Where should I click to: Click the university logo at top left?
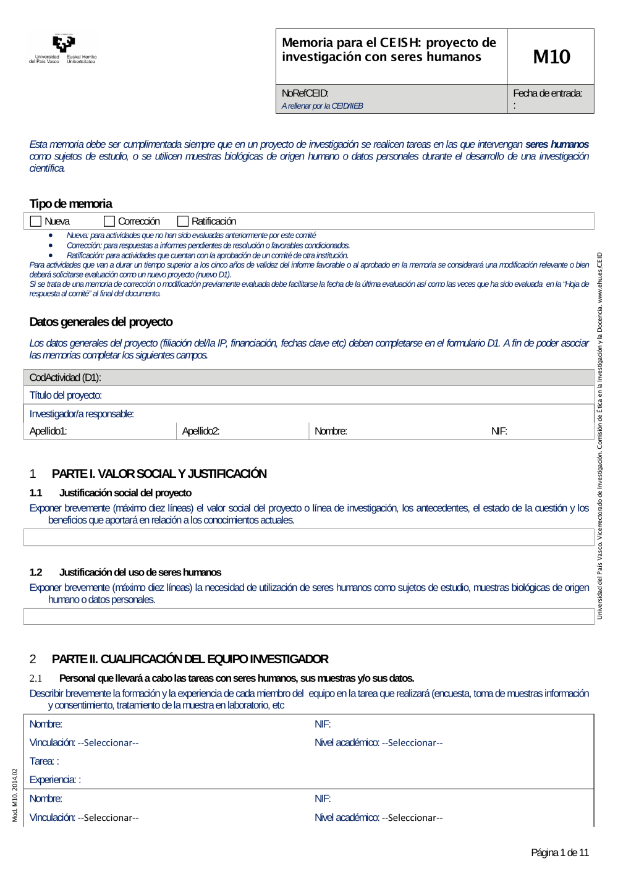(x=63, y=49)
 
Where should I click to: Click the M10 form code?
(x=551, y=57)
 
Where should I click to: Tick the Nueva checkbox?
(x=36, y=221)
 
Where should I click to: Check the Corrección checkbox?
(x=109, y=221)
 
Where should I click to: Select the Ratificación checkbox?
(x=183, y=221)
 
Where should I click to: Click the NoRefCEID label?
(x=305, y=93)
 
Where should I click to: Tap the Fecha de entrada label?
(x=548, y=93)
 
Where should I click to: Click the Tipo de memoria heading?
(x=70, y=203)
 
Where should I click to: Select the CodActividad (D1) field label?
(x=65, y=378)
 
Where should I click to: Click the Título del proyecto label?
(x=66, y=396)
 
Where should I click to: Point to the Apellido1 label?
(x=48, y=431)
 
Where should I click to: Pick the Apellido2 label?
(x=201, y=431)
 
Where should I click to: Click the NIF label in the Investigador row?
(x=499, y=431)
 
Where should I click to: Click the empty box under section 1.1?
(x=308, y=537)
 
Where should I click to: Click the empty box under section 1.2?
(x=308, y=616)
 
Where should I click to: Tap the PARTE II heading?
(x=190, y=660)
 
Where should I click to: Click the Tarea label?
(x=43, y=762)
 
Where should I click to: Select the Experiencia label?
(x=54, y=780)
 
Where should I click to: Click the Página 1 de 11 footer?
(x=560, y=853)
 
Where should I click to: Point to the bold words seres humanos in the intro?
(x=557, y=145)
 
